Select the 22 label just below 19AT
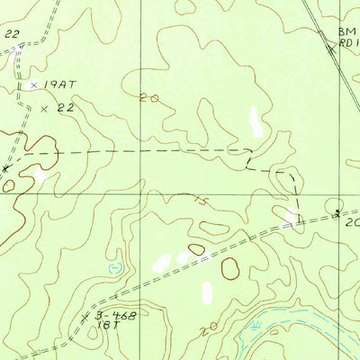[63, 108]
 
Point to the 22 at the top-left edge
[11, 33]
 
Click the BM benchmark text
[347, 31]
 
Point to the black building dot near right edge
[337, 213]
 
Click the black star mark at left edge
[6, 168]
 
